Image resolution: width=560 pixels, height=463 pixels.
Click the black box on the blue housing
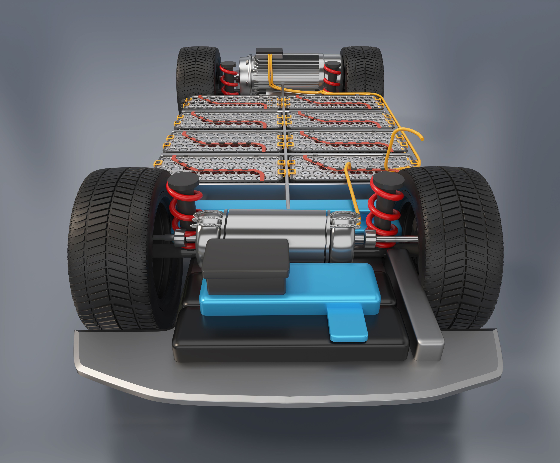click(245, 266)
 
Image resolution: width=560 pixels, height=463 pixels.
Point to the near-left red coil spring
click(181, 213)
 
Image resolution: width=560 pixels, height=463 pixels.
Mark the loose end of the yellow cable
click(422, 139)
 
